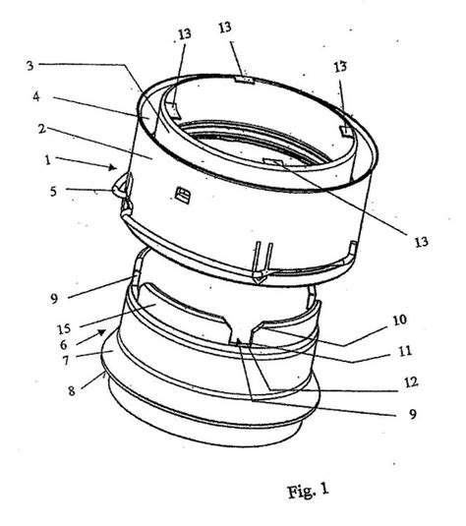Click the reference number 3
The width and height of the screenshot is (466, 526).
(x=30, y=66)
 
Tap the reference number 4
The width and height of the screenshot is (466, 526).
(x=36, y=96)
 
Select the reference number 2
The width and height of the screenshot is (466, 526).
(x=42, y=128)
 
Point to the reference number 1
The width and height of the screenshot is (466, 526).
(x=48, y=159)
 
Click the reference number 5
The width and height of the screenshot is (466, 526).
(x=53, y=192)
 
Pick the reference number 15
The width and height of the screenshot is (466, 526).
(x=64, y=328)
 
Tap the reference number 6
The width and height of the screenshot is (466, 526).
(x=64, y=344)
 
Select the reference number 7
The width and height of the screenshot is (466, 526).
(x=66, y=361)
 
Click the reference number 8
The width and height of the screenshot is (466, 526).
(x=72, y=390)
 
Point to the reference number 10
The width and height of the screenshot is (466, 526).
(x=400, y=320)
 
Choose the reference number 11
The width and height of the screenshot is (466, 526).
(x=405, y=351)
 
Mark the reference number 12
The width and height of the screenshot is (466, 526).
(x=411, y=382)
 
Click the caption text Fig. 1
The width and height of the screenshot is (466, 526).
(x=308, y=492)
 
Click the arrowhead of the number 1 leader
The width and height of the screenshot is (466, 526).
(x=113, y=167)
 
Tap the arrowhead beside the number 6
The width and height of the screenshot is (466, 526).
(x=101, y=332)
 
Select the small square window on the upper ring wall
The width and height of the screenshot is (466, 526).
(x=183, y=196)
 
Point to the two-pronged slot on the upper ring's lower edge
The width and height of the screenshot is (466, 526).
(x=263, y=263)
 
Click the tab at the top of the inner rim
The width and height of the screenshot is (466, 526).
(x=244, y=81)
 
